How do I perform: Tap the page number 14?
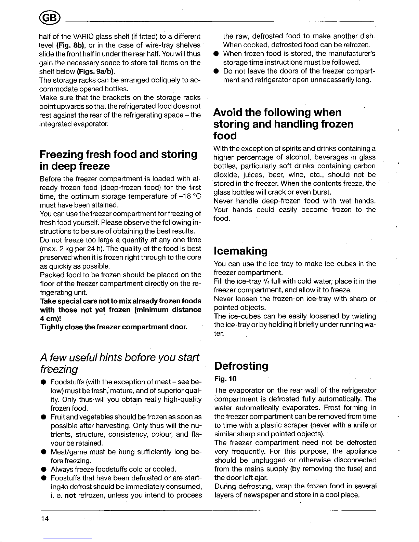[44, 519]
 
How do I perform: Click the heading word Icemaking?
[240, 251]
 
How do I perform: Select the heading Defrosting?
[241, 366]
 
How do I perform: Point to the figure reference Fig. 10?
[225, 379]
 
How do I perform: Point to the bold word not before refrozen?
[70, 495]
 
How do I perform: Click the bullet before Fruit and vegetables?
[44, 417]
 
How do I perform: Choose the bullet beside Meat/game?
[44, 452]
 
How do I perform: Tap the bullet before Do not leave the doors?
[217, 71]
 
